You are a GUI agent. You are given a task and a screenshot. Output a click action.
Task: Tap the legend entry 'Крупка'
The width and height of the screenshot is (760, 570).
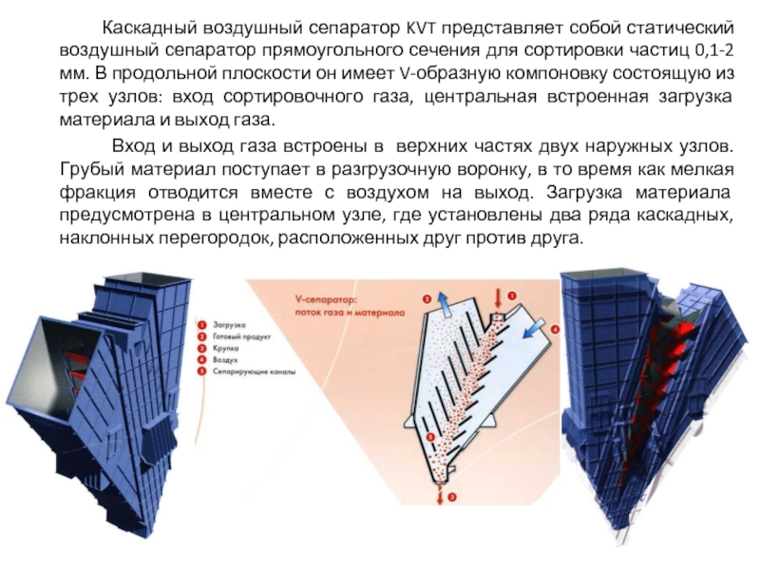[222, 348]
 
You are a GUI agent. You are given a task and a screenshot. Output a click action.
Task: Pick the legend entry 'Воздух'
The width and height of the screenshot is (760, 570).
[222, 360]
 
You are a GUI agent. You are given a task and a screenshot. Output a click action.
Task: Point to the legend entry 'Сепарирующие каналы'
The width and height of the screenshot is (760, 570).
[251, 372]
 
